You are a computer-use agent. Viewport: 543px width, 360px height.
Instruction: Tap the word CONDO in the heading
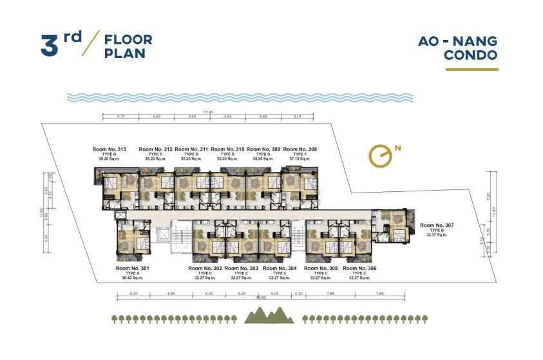[470, 55]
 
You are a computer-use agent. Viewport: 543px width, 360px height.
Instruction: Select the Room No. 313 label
[112, 149]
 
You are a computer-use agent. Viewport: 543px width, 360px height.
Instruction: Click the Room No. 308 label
[300, 149]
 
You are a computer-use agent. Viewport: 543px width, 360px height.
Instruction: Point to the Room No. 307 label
[437, 225]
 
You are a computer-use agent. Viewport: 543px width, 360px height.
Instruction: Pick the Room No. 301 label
[132, 268]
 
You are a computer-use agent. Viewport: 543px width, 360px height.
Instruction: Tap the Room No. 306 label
[359, 268]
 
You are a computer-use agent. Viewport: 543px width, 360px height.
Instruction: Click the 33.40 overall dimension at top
[207, 112]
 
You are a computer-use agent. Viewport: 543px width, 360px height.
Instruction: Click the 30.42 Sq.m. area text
[132, 278]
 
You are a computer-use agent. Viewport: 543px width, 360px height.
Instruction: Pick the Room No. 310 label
[227, 149]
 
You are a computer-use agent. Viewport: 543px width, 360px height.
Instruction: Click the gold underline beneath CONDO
[472, 69]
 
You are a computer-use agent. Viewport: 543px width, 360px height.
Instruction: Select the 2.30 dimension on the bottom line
[298, 293]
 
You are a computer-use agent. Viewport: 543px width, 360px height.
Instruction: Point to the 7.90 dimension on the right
[490, 196]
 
